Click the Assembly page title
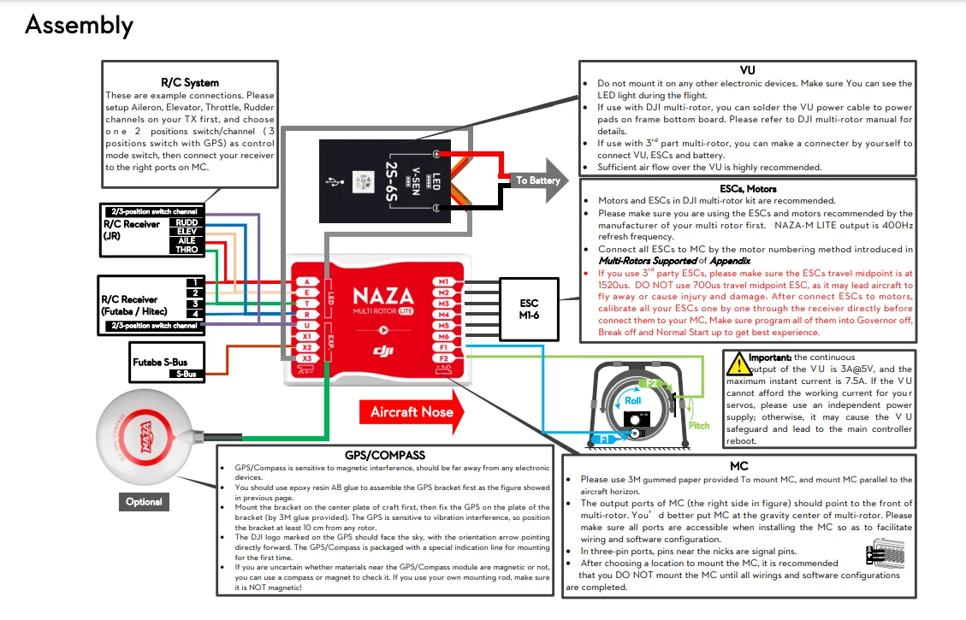[x=79, y=25]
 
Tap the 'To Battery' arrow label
[x=537, y=180]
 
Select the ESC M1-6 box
[x=529, y=308]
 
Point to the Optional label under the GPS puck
[x=144, y=501]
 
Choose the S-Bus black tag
[x=187, y=374]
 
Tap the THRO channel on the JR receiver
[x=187, y=251]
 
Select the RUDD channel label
[x=187, y=222]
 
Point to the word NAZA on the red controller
[x=382, y=297]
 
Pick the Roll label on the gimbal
[x=632, y=399]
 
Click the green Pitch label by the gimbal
[x=699, y=425]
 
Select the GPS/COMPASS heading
[x=384, y=455]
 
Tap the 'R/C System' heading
[x=189, y=83]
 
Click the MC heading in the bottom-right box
[x=739, y=466]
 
